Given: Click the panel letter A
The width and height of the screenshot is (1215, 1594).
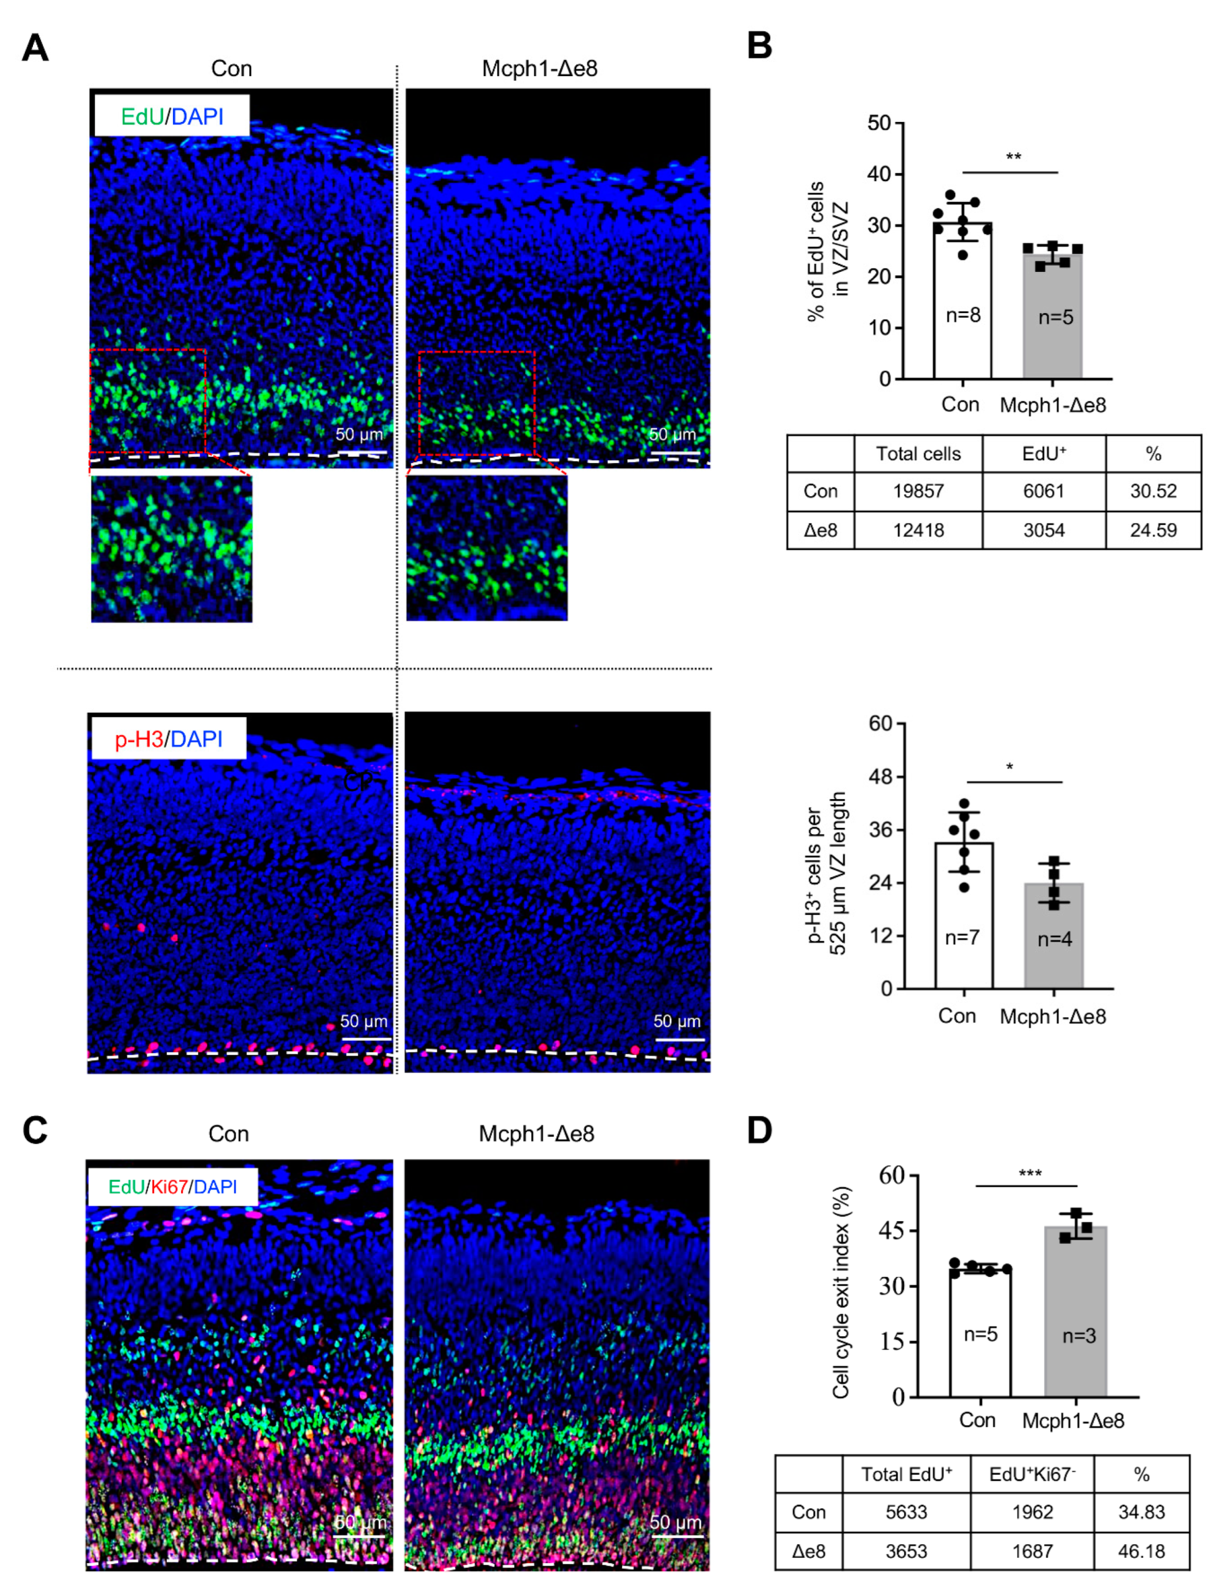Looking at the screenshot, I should [x=34, y=48].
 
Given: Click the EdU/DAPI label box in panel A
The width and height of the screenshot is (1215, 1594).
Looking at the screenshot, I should [x=171, y=116].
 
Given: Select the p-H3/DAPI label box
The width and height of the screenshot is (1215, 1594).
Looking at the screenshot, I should [x=168, y=738].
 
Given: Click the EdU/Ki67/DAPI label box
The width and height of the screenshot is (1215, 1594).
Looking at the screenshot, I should [x=172, y=1187].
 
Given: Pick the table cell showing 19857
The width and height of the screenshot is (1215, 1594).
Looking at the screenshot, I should [x=918, y=491].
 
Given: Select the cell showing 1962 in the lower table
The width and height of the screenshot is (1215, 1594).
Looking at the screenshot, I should [x=1032, y=1512].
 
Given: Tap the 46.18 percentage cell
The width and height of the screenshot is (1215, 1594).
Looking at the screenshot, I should [x=1141, y=1551].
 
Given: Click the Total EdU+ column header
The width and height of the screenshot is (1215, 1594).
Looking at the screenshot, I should [x=906, y=1474].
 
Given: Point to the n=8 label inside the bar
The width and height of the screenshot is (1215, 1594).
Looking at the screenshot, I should [x=963, y=315].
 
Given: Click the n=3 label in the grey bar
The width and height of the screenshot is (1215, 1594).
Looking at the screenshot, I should [x=1078, y=1336].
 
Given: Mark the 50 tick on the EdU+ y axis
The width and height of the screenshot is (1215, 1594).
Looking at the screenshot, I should [x=879, y=123].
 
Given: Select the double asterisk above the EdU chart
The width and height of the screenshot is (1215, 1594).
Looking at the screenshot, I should [x=1013, y=157].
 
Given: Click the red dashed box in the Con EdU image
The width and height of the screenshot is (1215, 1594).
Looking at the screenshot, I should [x=148, y=402].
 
